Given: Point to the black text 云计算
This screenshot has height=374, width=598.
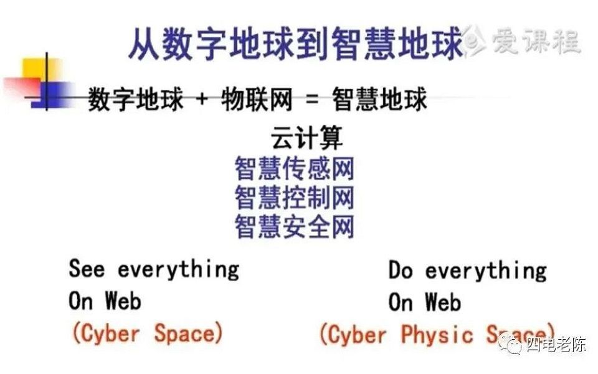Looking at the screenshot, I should (306, 138).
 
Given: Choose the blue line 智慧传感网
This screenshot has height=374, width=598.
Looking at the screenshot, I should (294, 168).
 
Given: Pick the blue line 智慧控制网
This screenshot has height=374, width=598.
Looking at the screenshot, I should (294, 197).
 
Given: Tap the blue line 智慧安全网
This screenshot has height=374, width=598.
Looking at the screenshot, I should (294, 226).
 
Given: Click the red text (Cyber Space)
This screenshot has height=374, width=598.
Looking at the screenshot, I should (147, 333).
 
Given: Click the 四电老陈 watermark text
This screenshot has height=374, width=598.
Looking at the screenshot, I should (556, 345).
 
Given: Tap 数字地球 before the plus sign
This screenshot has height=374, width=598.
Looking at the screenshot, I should (136, 100).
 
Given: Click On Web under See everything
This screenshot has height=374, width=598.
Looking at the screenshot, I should (105, 301).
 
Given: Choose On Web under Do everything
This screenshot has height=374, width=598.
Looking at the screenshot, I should (425, 303).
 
